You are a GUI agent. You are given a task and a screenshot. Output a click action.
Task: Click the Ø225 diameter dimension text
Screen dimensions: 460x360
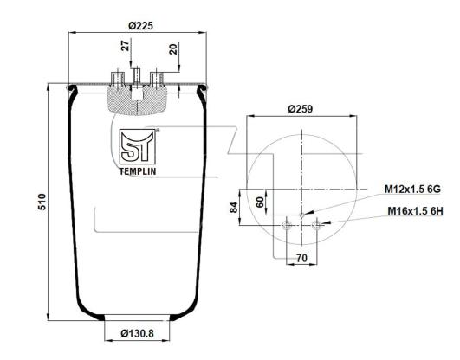coord(141,26)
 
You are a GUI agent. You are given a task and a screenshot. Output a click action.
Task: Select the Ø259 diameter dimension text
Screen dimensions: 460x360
coord(301,109)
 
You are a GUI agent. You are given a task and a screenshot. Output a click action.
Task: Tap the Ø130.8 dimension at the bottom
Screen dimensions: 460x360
coord(137,333)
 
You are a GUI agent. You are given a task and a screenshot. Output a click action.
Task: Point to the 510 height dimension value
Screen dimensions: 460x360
coord(42,202)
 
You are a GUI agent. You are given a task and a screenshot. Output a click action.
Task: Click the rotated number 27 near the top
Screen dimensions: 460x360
coord(126,46)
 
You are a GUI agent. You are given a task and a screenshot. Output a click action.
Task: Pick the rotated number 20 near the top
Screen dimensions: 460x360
coord(173,49)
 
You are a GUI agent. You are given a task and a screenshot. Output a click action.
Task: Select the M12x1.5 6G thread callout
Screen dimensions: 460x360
coord(412,190)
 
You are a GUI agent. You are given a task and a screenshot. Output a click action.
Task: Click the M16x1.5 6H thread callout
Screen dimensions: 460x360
coord(415,211)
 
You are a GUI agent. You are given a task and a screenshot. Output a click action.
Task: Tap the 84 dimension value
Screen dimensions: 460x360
coord(234,208)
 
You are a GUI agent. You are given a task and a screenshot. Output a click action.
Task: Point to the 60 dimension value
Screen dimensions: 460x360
coord(260,202)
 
